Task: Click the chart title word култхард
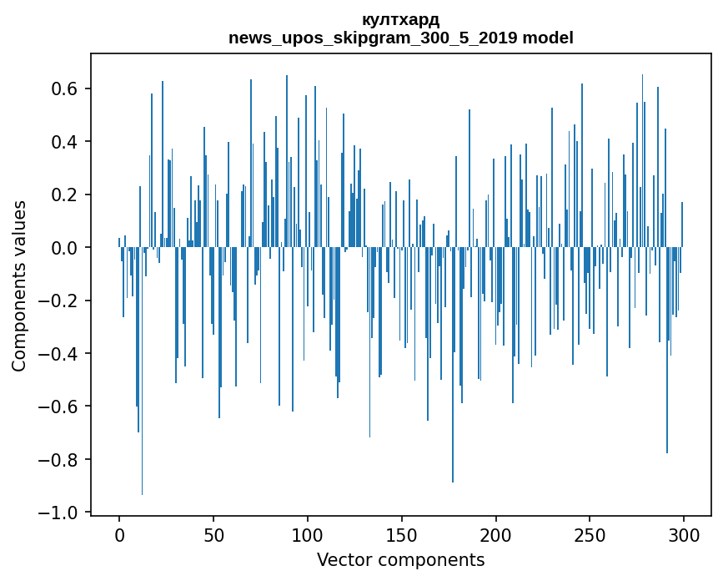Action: coord(400,20)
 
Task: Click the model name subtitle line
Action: coord(400,38)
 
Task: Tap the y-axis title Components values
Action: coord(19,286)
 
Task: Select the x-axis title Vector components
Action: coord(400,560)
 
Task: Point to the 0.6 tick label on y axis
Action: coord(64,88)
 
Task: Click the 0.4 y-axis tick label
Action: coord(64,142)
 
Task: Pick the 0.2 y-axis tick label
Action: coord(64,195)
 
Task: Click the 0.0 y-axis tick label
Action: coord(64,248)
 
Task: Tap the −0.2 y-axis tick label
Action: coord(58,301)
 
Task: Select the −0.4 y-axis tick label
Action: coord(58,353)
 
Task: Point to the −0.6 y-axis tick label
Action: coord(58,407)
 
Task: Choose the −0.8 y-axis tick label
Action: coord(58,460)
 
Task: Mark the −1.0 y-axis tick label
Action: coord(58,513)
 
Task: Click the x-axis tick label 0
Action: coord(119,535)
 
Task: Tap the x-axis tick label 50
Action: coord(213,535)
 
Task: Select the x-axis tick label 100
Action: coord(308,535)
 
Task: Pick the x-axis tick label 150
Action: coord(402,535)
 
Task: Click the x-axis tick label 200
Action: coord(495,535)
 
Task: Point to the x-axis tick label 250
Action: coord(590,535)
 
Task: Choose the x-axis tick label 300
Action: coord(684,535)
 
